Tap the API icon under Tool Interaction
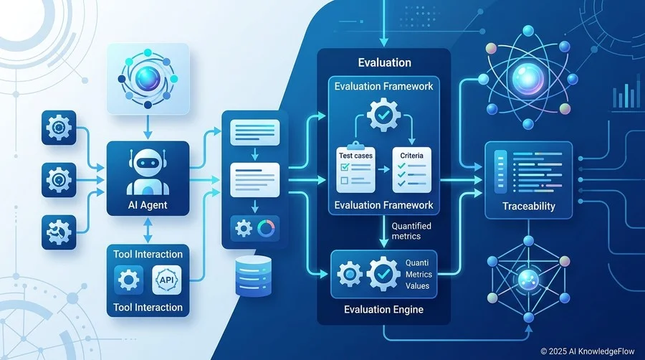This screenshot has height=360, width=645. [x=166, y=280]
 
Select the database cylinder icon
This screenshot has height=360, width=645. [x=254, y=276]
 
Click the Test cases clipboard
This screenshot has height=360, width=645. [x=355, y=168]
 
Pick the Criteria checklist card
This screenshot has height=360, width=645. [x=412, y=170]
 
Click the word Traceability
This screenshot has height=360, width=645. [x=529, y=206]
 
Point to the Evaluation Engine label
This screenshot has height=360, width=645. [x=384, y=309]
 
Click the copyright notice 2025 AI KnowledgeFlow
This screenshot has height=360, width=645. [x=588, y=351]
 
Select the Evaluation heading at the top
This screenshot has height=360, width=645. [x=385, y=62]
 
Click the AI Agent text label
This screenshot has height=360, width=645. [x=148, y=205]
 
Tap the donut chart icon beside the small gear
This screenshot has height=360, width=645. [x=266, y=228]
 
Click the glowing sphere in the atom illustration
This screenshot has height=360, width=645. [x=527, y=77]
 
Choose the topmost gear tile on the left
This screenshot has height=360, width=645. [x=59, y=128]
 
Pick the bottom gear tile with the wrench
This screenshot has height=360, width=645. [x=59, y=232]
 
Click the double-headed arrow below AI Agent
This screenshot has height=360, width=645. [x=148, y=230]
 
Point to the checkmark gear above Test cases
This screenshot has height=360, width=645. [x=383, y=115]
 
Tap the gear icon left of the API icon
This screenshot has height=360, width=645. [x=129, y=280]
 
